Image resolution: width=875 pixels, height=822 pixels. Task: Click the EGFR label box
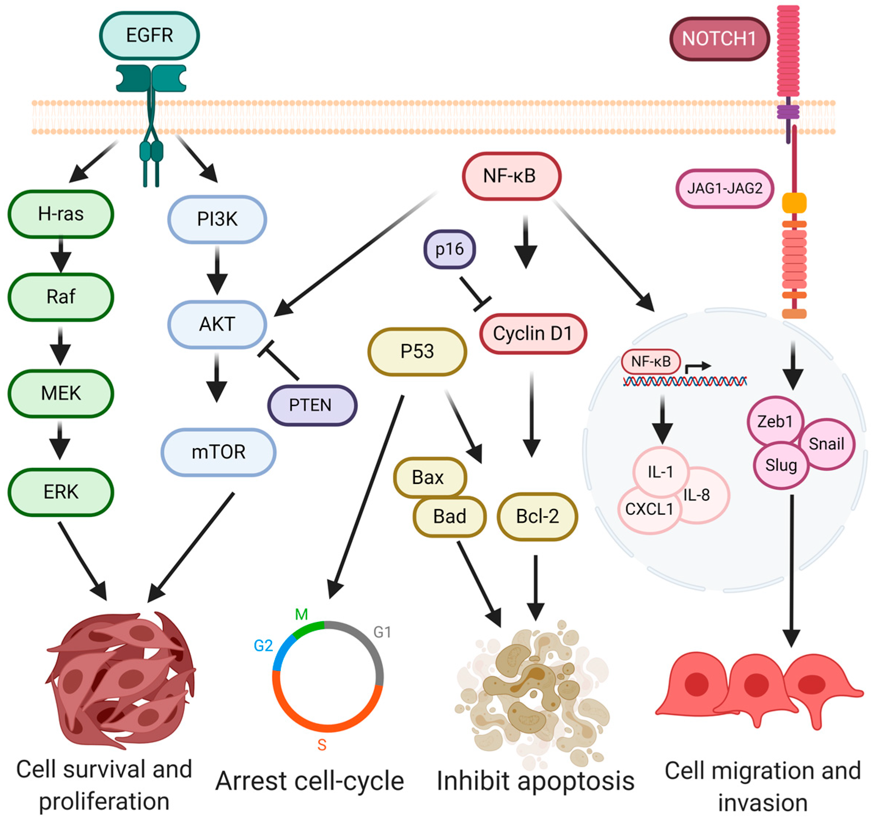[149, 36]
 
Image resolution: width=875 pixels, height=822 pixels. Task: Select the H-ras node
[61, 214]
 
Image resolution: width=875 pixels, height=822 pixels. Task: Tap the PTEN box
[312, 405]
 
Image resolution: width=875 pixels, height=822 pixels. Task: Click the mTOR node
[218, 452]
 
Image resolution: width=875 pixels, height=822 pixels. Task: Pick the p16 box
[449, 249]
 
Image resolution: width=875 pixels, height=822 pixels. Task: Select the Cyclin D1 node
[533, 333]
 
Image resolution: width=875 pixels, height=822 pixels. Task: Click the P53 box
[417, 351]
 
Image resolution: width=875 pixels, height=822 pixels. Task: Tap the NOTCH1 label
[719, 39]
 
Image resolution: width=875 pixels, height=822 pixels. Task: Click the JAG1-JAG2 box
[724, 188]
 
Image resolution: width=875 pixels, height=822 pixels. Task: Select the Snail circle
[826, 444]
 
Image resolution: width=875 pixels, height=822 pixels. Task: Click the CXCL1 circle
[649, 509]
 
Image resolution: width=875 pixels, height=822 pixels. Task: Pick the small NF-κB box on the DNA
[651, 362]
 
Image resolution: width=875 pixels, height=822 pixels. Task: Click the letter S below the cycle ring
[322, 745]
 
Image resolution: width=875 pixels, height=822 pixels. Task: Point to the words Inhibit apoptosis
[535, 781]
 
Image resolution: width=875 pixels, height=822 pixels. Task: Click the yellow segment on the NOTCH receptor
[794, 203]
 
